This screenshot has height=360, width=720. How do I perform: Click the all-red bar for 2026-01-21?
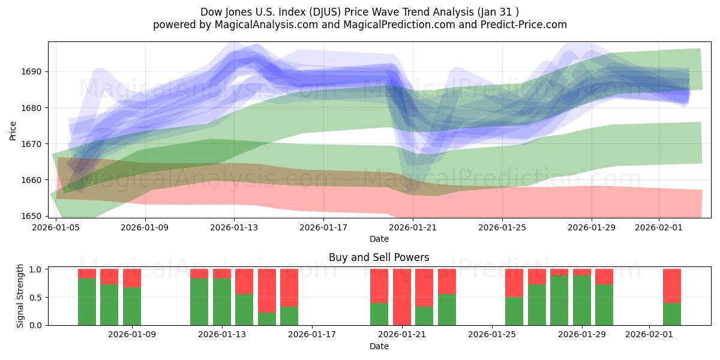click(402, 297)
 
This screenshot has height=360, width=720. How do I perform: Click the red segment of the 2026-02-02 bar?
click(672, 286)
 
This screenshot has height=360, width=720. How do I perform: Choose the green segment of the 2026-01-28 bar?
click(559, 300)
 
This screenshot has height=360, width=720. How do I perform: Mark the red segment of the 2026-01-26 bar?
click(514, 283)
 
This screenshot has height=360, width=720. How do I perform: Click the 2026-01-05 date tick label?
click(56, 228)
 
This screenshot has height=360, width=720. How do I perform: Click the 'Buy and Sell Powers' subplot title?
click(379, 257)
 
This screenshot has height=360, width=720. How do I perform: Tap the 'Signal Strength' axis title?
click(21, 297)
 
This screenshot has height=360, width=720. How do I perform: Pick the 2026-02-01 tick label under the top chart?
click(659, 228)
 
